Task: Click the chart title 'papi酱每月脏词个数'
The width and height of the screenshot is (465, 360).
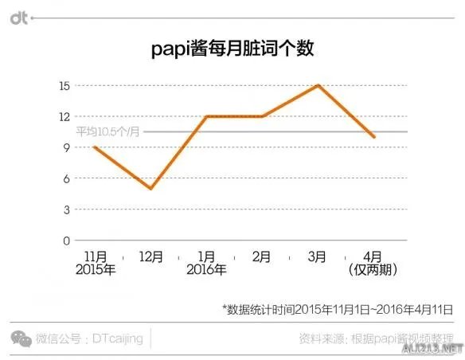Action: (232, 49)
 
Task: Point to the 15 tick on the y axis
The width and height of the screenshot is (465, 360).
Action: (64, 85)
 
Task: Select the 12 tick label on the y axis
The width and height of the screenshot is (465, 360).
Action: (64, 116)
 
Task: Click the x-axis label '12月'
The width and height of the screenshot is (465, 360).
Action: (150, 256)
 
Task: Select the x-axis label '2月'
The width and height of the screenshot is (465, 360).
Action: (262, 256)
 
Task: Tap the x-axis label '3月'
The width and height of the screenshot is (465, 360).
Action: (318, 256)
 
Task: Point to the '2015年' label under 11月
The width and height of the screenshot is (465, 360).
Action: (96, 270)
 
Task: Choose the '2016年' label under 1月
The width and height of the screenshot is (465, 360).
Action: (208, 270)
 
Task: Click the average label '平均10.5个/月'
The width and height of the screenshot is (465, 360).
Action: (107, 132)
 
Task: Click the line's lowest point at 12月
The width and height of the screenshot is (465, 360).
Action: (150, 188)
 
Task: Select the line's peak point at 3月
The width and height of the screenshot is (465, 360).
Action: (318, 85)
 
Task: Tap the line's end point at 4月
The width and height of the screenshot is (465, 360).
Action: (373, 137)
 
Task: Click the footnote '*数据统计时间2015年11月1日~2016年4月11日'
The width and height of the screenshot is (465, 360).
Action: (338, 307)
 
